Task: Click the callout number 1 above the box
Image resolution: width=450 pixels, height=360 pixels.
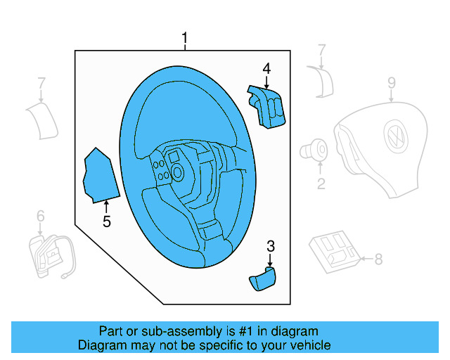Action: pyautogui.click(x=185, y=39)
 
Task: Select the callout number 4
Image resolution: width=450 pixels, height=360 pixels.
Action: pyautogui.click(x=266, y=68)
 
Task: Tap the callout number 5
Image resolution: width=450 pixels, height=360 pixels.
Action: pyautogui.click(x=107, y=222)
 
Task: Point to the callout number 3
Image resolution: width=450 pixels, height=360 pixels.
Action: pyautogui.click(x=270, y=245)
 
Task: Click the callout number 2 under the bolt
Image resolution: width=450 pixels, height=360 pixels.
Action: pyautogui.click(x=321, y=184)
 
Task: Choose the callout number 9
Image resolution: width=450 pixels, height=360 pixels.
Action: pyautogui.click(x=392, y=85)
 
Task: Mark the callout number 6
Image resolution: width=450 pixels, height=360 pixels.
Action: pyautogui.click(x=40, y=216)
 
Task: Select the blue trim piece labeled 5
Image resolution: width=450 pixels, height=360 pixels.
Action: pyautogui.click(x=98, y=176)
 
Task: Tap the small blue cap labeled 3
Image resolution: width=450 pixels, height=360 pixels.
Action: pyautogui.click(x=263, y=280)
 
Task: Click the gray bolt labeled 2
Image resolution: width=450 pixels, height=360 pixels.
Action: pyautogui.click(x=315, y=150)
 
